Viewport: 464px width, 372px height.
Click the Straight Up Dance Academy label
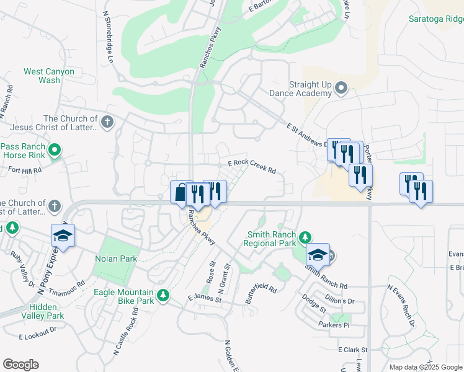click(301, 89)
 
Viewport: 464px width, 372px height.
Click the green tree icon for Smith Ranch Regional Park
click(305, 237)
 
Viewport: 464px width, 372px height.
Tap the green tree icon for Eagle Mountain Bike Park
click(163, 296)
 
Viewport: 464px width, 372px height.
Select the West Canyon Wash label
click(49, 76)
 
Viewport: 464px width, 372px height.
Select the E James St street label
click(205, 299)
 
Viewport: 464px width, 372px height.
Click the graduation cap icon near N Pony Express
click(63, 236)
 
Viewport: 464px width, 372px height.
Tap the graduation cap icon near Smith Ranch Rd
click(318, 254)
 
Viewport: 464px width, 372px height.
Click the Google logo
click(20, 365)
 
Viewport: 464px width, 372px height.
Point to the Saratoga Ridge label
click(434, 19)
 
